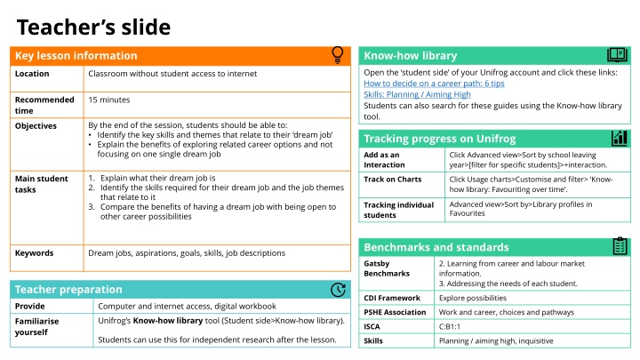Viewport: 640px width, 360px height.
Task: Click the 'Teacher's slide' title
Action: [x=93, y=28]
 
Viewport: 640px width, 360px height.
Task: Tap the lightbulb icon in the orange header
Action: [x=338, y=55]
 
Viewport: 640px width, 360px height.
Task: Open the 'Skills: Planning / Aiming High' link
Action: [x=417, y=94]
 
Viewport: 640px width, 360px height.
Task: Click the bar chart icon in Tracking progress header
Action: [x=620, y=138]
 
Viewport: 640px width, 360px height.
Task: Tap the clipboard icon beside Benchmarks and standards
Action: [x=620, y=245]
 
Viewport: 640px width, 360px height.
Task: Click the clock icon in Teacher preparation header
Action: [x=338, y=289]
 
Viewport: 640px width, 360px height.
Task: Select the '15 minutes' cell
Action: [x=108, y=99]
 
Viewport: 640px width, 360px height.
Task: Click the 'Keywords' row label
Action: [x=35, y=253]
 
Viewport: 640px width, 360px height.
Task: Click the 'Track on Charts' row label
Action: [x=393, y=179]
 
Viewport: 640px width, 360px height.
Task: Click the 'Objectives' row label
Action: [x=36, y=126]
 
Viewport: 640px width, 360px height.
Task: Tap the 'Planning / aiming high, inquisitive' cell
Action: [x=496, y=340]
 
